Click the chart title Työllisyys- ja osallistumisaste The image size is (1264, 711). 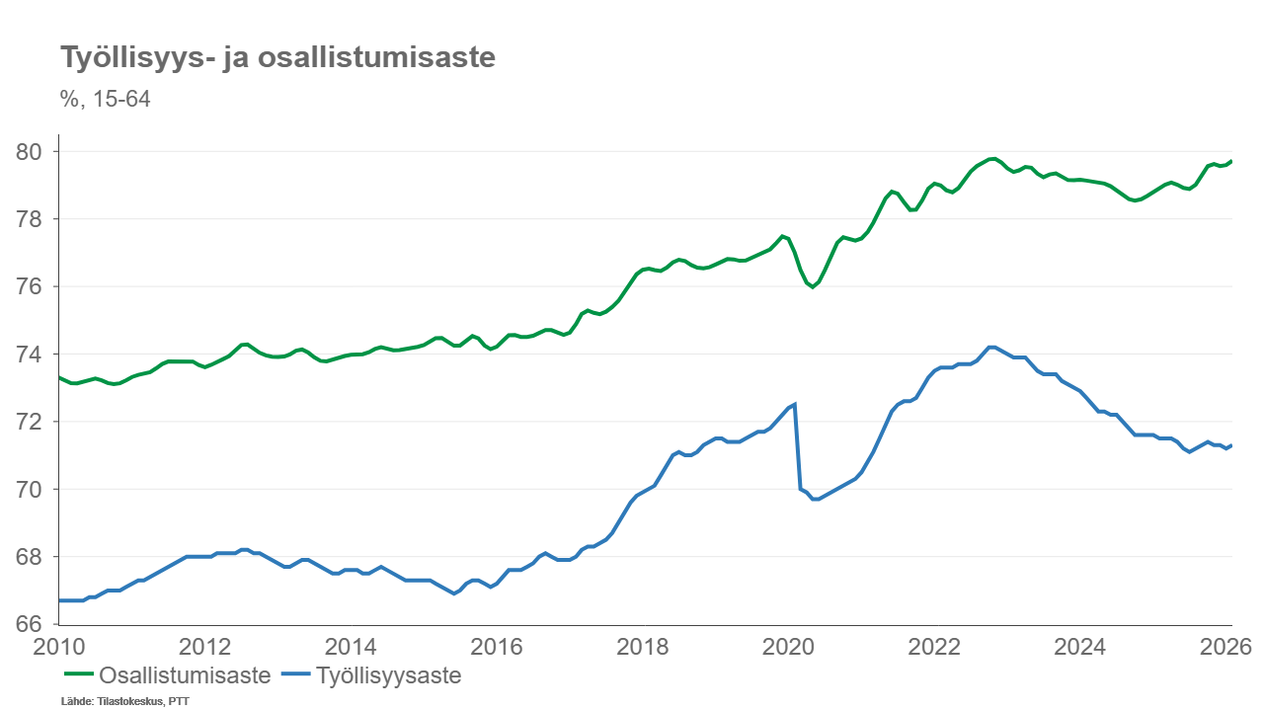277,58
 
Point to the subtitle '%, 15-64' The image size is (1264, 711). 105,99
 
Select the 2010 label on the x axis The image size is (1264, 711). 58,647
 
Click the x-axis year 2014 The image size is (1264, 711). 351,647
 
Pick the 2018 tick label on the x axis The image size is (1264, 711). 643,647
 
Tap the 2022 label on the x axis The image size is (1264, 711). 935,647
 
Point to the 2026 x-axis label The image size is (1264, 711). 1226,647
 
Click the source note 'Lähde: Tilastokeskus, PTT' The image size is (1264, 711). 125,702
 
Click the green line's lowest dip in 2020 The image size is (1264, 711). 813,287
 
